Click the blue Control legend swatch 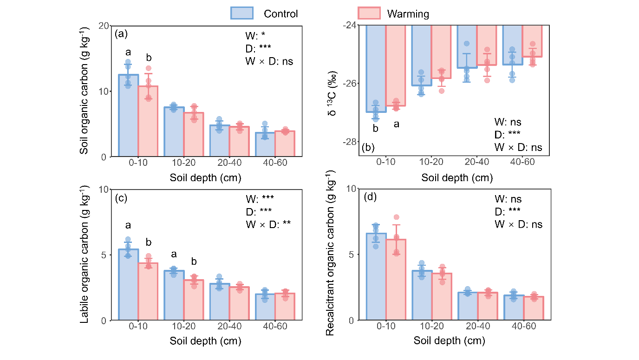242,13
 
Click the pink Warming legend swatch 369,13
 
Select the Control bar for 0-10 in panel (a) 128,116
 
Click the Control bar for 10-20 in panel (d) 422,295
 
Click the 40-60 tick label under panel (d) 523,327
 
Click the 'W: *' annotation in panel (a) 255,35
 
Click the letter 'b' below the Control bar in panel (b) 376,128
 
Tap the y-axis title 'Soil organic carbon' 85,91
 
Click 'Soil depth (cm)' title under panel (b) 457,178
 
